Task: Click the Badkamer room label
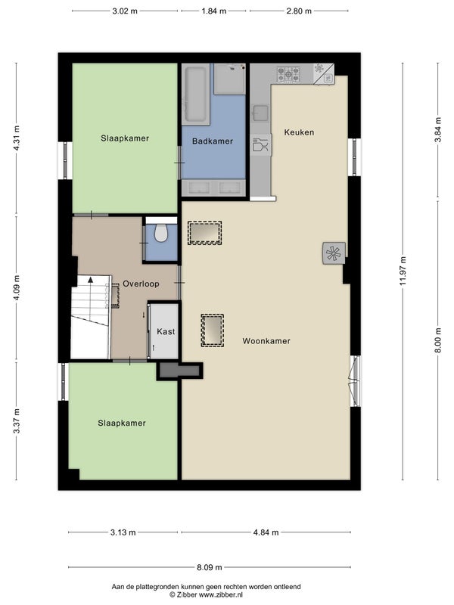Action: click(x=213, y=141)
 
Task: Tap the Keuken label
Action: click(x=299, y=132)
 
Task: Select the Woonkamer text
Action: click(x=266, y=341)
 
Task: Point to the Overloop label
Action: click(x=141, y=284)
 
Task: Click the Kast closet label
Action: click(x=166, y=331)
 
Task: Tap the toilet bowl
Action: click(x=161, y=234)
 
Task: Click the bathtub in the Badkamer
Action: click(x=196, y=95)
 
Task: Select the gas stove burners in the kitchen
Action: click(x=288, y=74)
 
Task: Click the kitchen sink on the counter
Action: click(x=260, y=113)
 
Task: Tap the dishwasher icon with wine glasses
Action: click(x=260, y=145)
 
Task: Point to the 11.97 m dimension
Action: click(x=403, y=271)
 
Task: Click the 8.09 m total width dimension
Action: click(x=210, y=567)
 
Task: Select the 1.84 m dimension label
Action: click(x=213, y=11)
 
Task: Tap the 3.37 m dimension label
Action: click(x=16, y=421)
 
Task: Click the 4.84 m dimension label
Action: click(x=266, y=532)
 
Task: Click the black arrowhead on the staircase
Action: click(x=90, y=279)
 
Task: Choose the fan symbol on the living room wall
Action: click(x=334, y=253)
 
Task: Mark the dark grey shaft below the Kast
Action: click(x=179, y=371)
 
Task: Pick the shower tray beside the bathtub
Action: click(x=230, y=79)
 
